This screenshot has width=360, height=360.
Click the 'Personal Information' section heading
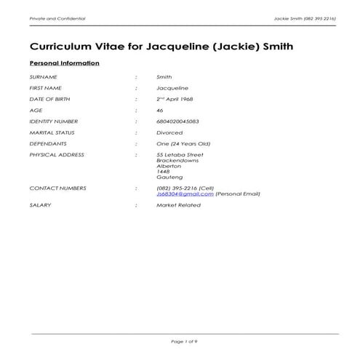[64, 63]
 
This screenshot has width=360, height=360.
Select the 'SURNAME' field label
[43, 76]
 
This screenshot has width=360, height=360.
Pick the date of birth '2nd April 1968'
[178, 99]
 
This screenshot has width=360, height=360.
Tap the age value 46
[160, 110]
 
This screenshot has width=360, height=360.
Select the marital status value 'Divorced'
[169, 132]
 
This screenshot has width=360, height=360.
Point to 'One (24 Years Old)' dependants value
[183, 144]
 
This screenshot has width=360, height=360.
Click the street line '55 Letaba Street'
[180, 155]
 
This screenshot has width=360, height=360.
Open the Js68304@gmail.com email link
[185, 194]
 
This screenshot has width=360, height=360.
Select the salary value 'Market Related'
[177, 206]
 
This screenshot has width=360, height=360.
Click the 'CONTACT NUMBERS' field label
[57, 188]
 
